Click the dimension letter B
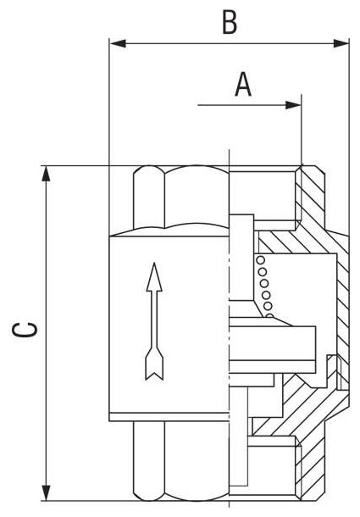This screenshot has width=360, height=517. pyautogui.click(x=230, y=22)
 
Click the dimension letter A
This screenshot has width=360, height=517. pyautogui.click(x=243, y=85)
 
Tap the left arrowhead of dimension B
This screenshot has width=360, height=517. pyautogui.click(x=118, y=43)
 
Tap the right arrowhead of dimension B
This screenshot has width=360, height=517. pyautogui.click(x=341, y=43)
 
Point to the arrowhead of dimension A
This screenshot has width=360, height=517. pyautogui.click(x=293, y=105)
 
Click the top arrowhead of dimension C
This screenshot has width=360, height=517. pyautogui.click(x=47, y=174)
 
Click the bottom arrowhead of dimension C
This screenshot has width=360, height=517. pyautogui.click(x=47, y=492)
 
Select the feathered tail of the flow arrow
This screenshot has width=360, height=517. pyautogui.click(x=154, y=364)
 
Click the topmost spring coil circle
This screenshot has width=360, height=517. pyautogui.click(x=260, y=260)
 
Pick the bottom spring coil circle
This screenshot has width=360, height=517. pyautogui.click(x=270, y=316)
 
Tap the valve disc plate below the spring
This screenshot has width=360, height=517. pyautogui.click(x=272, y=343)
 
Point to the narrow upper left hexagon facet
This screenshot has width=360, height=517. pyautogui.click(x=149, y=197)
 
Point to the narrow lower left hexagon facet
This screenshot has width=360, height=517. pyautogui.click(x=149, y=461)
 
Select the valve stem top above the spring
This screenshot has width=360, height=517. pyautogui.click(x=241, y=257)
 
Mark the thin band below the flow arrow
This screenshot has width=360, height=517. pyautogui.click(x=169, y=417)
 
